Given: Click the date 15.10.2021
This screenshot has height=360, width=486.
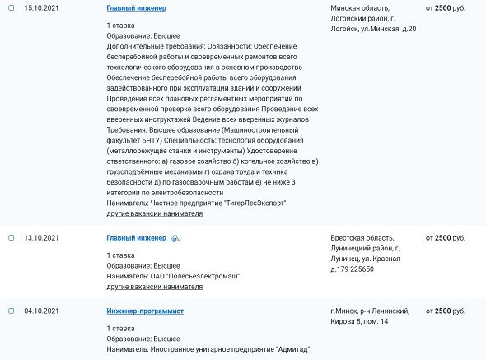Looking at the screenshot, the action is click(40, 7).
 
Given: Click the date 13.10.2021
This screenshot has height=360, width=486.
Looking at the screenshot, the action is click(40, 238).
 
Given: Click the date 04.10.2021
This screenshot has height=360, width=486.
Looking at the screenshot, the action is click(40, 311).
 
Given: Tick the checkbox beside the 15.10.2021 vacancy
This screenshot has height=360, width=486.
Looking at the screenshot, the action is click(11, 7).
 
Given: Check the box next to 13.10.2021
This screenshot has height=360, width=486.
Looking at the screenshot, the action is click(11, 238).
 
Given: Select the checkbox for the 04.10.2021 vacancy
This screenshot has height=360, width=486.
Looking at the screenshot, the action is click(11, 311).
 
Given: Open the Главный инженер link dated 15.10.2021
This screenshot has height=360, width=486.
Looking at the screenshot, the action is click(136, 7).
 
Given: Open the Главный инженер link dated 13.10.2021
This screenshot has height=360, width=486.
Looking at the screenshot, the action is click(136, 238).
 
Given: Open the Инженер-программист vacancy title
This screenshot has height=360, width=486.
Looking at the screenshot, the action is click(145, 311).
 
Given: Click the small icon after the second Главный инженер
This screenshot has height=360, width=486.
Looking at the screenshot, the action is click(175, 238).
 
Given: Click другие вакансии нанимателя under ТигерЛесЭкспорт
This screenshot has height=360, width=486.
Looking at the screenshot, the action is click(155, 213).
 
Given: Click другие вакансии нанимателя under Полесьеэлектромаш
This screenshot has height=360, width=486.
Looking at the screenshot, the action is click(155, 287).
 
